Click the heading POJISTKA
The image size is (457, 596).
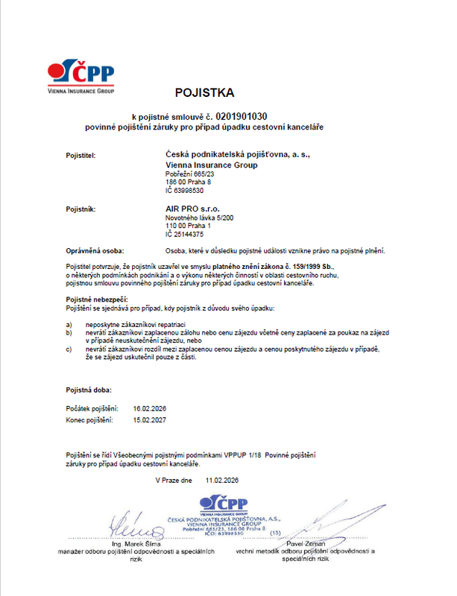(x=204, y=94)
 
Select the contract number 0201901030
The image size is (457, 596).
(x=242, y=117)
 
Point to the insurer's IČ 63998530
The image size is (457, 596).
(x=183, y=191)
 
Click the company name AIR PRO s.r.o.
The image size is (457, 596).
(x=192, y=209)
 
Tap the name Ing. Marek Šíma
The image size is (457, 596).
(x=136, y=545)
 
